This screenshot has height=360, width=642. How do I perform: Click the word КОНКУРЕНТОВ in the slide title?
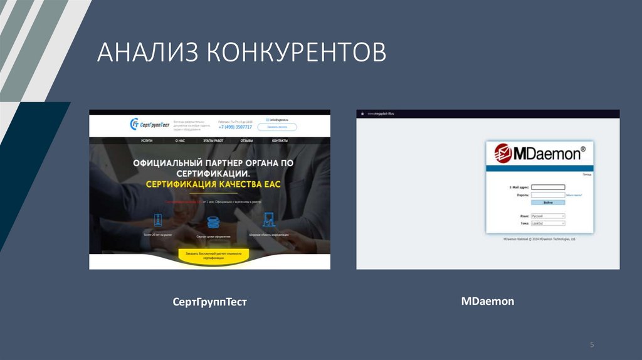tap(295, 53)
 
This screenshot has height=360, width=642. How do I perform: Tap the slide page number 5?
tap(591, 345)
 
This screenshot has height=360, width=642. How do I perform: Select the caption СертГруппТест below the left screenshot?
tap(210, 302)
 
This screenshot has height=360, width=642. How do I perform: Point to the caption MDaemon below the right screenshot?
tap(487, 301)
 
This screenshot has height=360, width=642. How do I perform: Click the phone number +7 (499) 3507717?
tap(235, 127)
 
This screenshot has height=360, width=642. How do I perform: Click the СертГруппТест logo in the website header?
tap(150, 124)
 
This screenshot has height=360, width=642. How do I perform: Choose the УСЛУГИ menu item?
tap(147, 141)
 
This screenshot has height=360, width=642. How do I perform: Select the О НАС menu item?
tap(180, 141)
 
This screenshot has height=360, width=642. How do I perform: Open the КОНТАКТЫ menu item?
tap(280, 141)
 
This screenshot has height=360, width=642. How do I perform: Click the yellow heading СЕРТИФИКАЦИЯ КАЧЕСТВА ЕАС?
tap(213, 184)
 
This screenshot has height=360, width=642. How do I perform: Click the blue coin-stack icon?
tap(213, 222)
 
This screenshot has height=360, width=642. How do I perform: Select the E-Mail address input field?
tap(548, 187)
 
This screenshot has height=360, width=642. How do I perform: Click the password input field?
tap(548, 195)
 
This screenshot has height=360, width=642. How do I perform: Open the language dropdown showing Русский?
tap(548, 216)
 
